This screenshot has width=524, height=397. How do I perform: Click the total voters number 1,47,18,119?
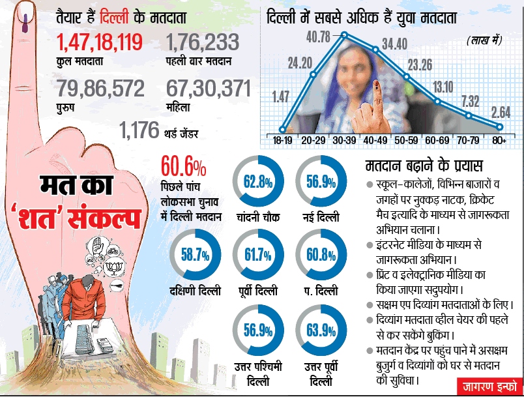click(99, 44)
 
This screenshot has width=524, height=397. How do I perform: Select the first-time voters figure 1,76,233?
click(203, 44)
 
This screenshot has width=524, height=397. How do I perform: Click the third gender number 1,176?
click(139, 130)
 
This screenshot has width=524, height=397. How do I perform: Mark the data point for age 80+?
click(500, 126)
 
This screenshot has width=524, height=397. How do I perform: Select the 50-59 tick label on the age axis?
click(407, 140)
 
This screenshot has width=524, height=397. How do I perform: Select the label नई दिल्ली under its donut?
click(319, 216)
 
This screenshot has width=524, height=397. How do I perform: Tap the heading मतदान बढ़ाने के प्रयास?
click(422, 166)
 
